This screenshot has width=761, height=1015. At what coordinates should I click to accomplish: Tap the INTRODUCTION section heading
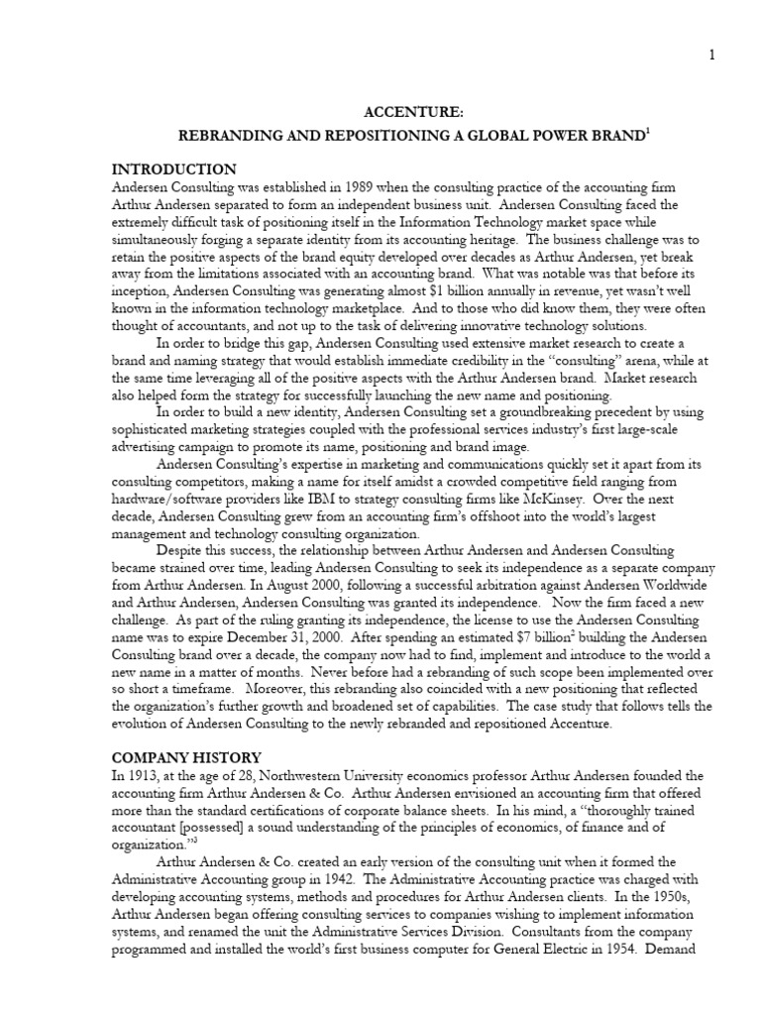pyautogui.click(x=174, y=169)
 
